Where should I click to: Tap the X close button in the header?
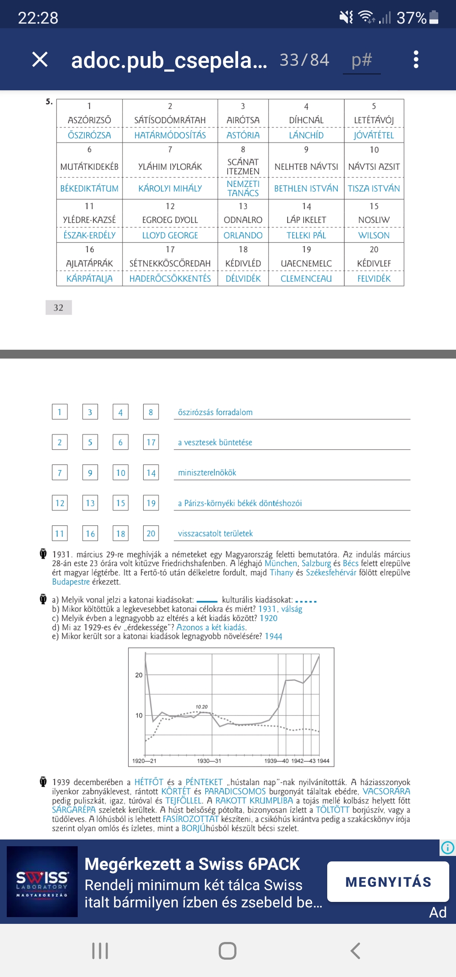click(40, 59)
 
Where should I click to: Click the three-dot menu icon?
click(416, 59)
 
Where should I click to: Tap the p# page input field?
click(362, 60)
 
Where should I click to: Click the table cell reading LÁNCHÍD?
click(306, 135)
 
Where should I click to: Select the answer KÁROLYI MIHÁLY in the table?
click(170, 189)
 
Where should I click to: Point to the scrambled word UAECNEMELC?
click(306, 264)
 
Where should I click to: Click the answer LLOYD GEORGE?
click(170, 235)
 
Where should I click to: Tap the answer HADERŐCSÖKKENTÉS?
click(170, 279)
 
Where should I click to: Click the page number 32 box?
click(59, 308)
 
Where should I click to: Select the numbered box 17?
click(151, 442)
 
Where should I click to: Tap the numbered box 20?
click(151, 533)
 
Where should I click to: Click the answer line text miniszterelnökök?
click(207, 473)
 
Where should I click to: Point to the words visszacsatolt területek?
click(215, 534)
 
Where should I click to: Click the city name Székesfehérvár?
click(331, 572)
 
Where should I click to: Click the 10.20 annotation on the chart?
click(201, 707)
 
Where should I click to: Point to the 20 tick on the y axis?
click(139, 675)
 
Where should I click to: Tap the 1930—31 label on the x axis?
click(209, 761)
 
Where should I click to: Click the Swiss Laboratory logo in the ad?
click(42, 882)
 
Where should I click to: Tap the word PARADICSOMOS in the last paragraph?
click(235, 791)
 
